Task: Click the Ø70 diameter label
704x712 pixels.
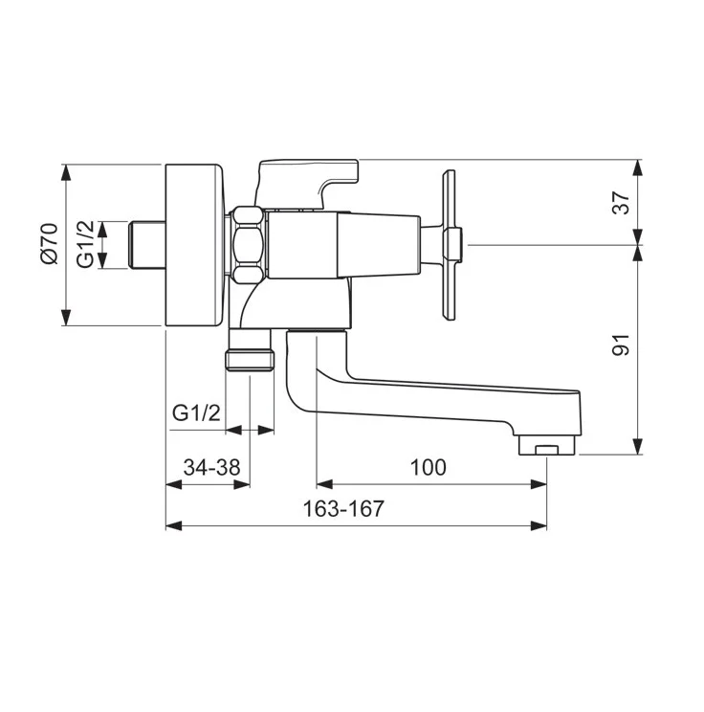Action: coord(50,243)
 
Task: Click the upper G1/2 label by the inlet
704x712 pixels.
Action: coord(85,244)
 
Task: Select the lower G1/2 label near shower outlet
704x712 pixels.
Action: coord(196,412)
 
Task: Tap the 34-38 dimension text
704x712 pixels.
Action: coord(211,467)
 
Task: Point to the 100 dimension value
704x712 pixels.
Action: coord(428,467)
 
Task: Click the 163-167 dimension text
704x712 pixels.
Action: coord(343,508)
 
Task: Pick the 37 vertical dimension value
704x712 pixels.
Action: coord(622,203)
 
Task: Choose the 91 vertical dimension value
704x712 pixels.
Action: coord(622,345)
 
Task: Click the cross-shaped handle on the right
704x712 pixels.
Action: coord(451,245)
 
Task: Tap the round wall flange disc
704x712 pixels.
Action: coord(194,245)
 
